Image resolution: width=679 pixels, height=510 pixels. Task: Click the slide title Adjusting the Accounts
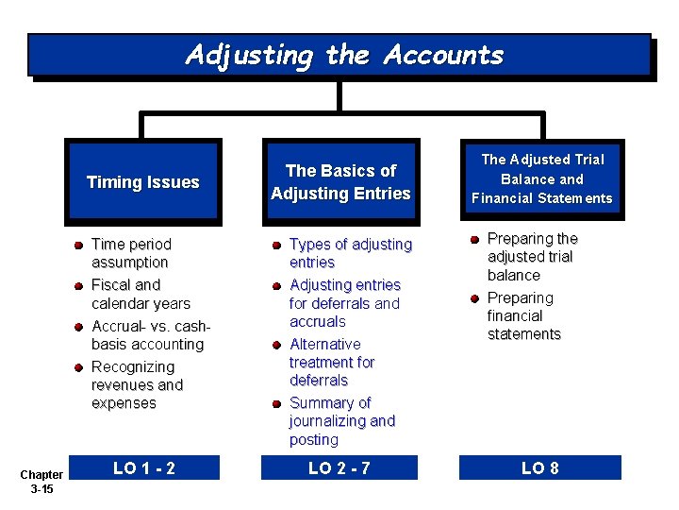click(x=344, y=55)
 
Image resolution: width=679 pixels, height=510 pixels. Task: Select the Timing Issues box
click(x=143, y=182)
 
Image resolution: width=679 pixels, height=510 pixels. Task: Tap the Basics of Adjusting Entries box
click(x=340, y=182)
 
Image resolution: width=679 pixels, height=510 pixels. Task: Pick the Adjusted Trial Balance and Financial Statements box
click(x=541, y=178)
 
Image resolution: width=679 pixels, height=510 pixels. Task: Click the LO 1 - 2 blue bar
click(x=144, y=467)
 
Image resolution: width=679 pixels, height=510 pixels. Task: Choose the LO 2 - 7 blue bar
click(x=340, y=467)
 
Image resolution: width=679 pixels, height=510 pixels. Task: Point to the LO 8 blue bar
click(x=540, y=467)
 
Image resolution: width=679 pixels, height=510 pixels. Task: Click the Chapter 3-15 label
click(x=41, y=482)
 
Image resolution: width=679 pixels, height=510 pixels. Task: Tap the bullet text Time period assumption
click(x=131, y=253)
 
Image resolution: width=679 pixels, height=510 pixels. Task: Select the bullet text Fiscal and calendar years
click(x=141, y=294)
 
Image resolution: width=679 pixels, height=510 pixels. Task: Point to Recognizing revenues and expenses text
click(x=137, y=384)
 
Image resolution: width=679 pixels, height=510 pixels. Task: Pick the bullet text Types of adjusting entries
click(x=350, y=253)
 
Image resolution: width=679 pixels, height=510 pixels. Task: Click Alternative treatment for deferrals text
click(x=332, y=362)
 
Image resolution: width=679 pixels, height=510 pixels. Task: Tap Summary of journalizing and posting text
click(x=341, y=421)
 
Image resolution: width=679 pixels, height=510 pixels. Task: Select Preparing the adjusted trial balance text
click(x=533, y=257)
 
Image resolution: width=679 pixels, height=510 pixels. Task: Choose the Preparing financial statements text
click(x=524, y=315)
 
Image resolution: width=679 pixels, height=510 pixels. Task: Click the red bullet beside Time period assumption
click(x=80, y=245)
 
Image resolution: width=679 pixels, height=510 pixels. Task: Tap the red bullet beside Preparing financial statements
click(x=476, y=298)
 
